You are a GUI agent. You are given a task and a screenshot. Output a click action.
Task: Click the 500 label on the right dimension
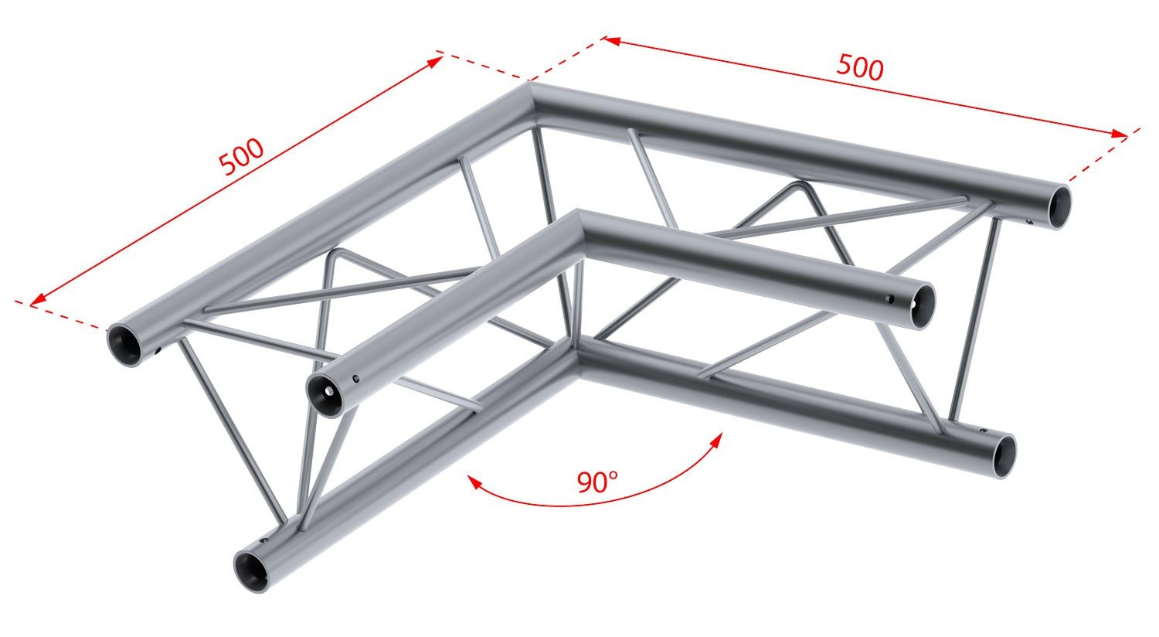point(859,68)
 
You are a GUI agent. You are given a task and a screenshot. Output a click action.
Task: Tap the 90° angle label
point(596,482)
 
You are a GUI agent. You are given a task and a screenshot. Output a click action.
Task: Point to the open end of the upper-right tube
point(1062,206)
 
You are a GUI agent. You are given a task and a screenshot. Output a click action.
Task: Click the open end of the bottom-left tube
point(253,572)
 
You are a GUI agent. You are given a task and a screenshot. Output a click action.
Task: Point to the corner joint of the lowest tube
point(576,359)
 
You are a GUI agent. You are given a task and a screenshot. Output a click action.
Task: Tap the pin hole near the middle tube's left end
point(355,379)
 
